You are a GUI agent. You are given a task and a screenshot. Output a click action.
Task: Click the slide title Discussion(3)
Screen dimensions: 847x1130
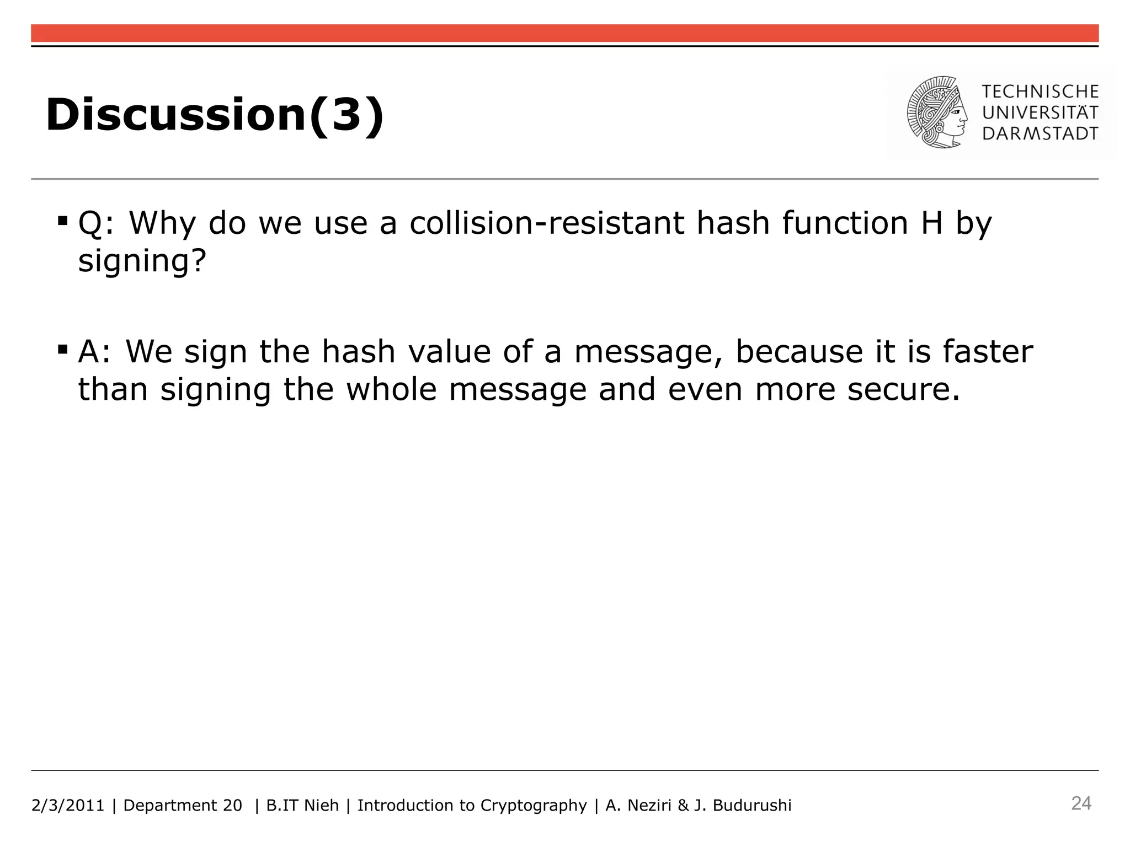tap(214, 115)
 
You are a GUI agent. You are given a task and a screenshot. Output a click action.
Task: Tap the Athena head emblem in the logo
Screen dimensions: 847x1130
tap(937, 112)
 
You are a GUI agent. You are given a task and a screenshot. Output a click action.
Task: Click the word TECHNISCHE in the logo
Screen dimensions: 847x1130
tap(1040, 92)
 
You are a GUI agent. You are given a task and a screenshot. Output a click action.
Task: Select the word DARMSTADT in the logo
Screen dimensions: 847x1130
tap(1040, 133)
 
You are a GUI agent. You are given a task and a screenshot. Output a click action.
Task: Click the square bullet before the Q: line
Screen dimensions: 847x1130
tap(62, 222)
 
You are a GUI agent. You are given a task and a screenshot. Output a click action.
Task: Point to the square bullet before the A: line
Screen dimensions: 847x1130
tap(62, 350)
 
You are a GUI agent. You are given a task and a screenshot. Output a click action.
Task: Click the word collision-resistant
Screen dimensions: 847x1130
tap(547, 223)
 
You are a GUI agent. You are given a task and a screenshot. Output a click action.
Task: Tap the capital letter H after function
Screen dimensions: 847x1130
tap(931, 223)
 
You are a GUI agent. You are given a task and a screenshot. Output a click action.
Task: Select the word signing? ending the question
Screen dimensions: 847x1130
tap(142, 260)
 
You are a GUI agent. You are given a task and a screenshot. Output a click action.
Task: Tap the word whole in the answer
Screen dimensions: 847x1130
tap(391, 389)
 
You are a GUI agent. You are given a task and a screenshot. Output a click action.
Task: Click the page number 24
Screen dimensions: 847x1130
tap(1081, 803)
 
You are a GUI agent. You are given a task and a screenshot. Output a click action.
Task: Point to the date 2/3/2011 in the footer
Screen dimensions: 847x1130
tap(68, 806)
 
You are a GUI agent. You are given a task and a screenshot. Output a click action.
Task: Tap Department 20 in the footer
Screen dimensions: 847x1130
tap(183, 806)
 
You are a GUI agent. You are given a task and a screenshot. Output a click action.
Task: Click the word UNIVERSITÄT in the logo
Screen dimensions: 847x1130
tap(1040, 112)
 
